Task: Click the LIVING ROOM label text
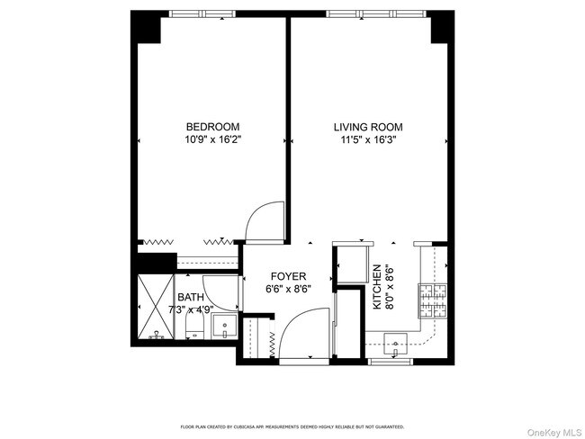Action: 368,127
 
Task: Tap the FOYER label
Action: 286,276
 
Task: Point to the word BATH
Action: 190,298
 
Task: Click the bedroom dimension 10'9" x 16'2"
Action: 213,140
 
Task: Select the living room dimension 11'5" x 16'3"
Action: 368,140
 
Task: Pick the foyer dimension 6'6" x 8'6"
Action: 286,290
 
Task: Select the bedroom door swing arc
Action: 266,220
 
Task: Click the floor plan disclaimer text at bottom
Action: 292,426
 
